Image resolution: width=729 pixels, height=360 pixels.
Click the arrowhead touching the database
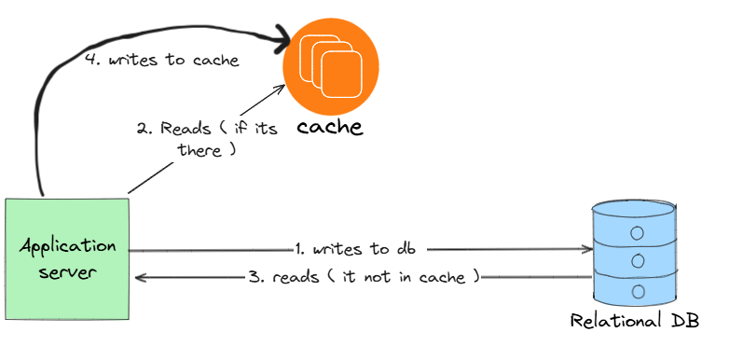pos(587,249)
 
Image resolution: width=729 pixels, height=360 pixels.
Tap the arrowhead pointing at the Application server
pos(139,277)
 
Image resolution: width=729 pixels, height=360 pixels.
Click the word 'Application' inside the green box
pos(68,247)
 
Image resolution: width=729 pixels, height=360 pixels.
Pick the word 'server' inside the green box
pos(68,273)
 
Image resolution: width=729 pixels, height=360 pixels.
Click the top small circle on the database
pos(638,231)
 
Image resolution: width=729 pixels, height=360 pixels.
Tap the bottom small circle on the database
pos(638,292)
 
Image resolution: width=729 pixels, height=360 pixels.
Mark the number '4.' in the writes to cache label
pos(91,62)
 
